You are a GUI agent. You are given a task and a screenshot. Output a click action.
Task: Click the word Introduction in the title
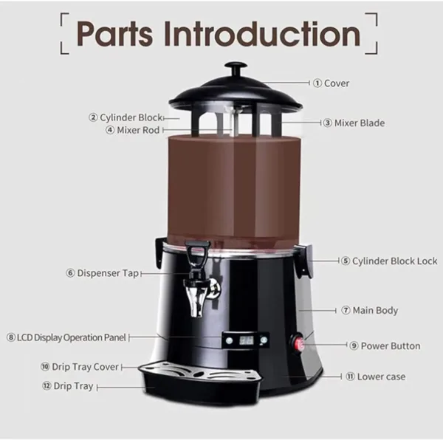pos(261,33)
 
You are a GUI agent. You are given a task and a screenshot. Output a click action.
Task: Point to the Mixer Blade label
pos(358,123)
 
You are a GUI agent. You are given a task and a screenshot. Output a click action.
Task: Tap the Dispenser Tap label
pos(103,272)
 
